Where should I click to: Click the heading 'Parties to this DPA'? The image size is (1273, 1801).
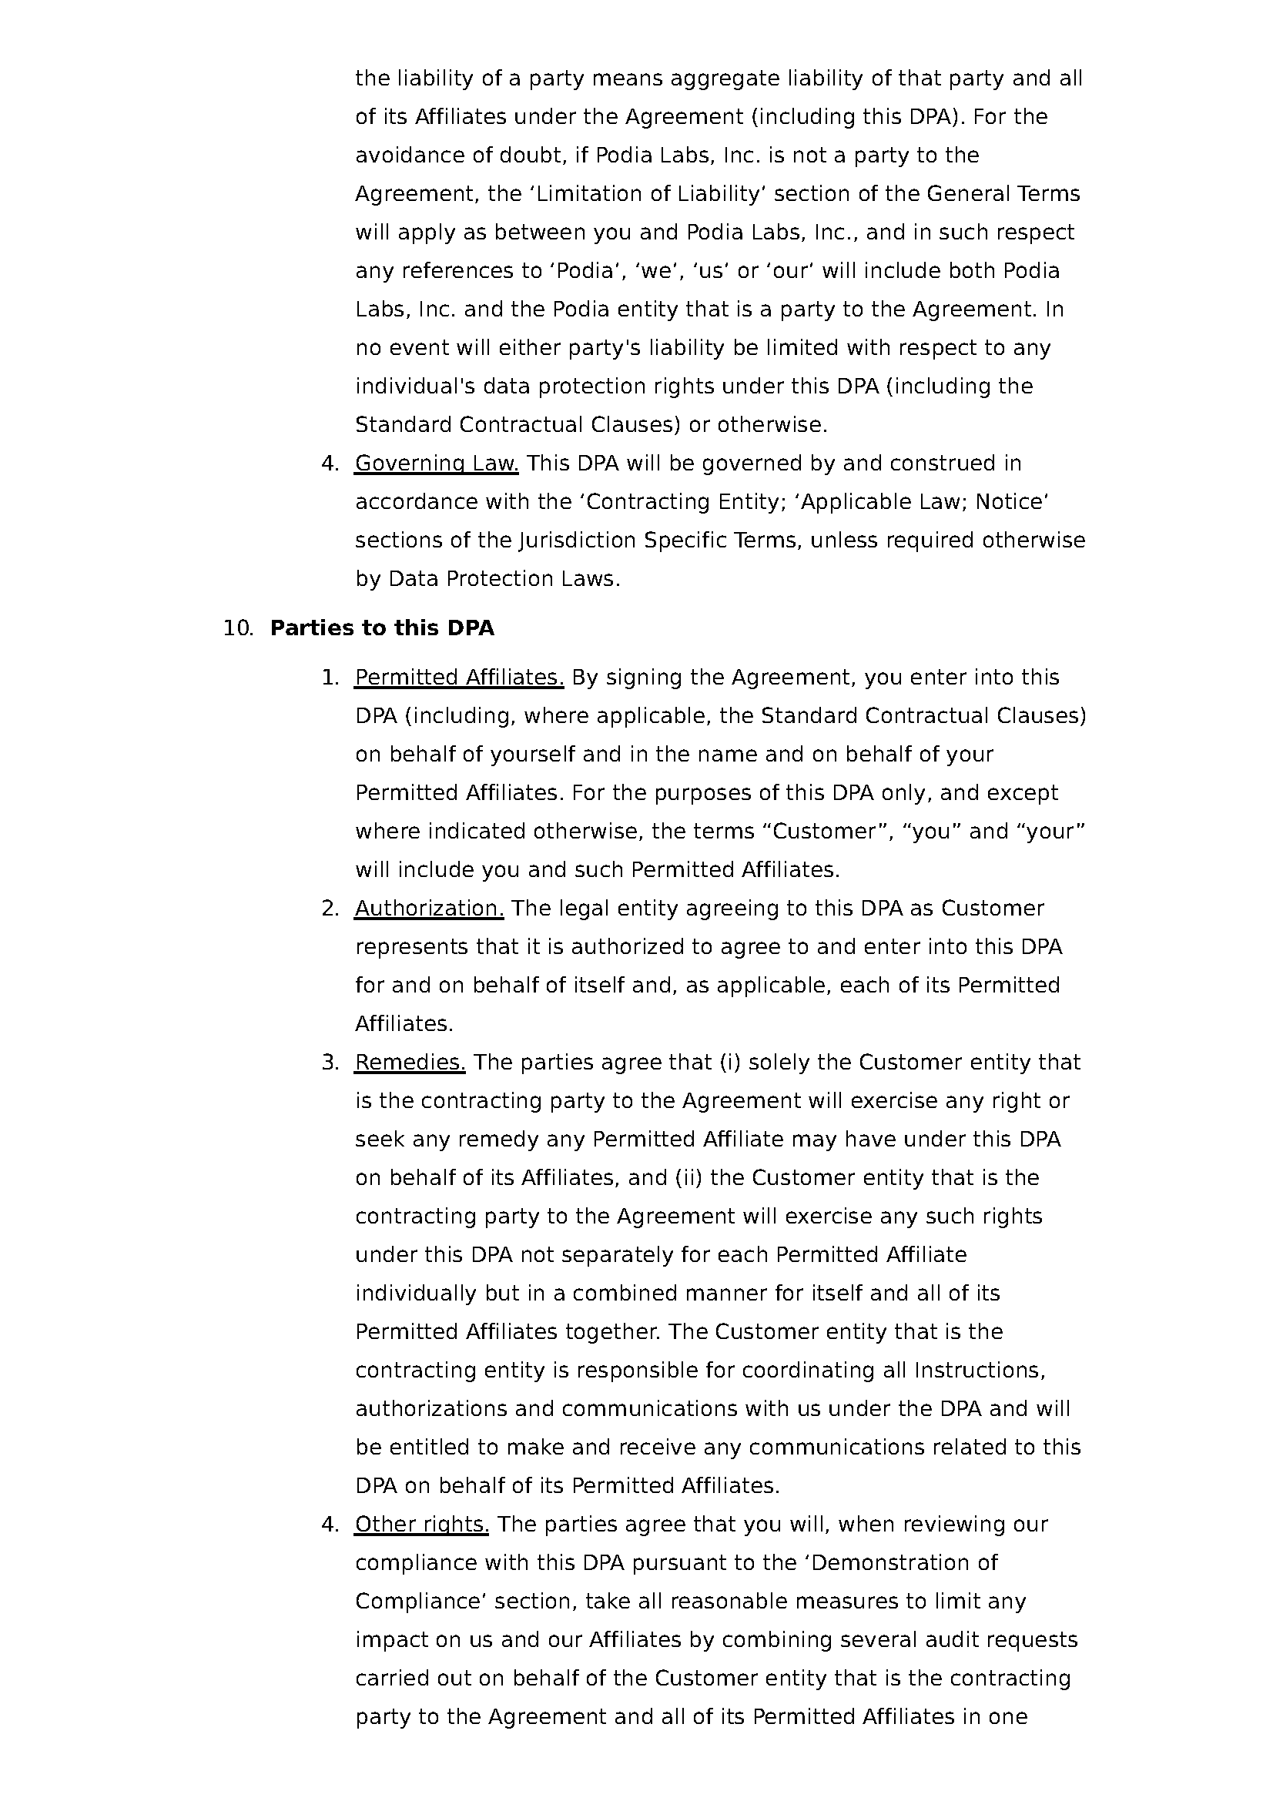pos(382,628)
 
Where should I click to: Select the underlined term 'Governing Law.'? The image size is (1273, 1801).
pos(436,464)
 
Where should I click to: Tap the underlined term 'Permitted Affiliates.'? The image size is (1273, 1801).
pos(459,677)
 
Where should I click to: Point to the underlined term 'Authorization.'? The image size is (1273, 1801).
pos(429,908)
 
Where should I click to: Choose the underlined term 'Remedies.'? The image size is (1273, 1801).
pos(410,1062)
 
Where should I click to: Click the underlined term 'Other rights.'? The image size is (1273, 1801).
pos(422,1524)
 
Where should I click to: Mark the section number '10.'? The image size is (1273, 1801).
pos(239,628)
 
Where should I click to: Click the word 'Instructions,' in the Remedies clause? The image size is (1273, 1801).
pos(980,1370)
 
